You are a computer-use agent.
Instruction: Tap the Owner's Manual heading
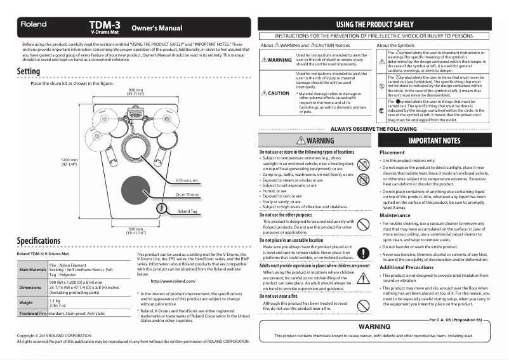(x=156, y=29)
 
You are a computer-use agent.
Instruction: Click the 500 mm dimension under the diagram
(x=136, y=230)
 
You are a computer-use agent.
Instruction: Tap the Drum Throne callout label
(x=187, y=194)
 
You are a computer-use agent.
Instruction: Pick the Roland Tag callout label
(x=187, y=211)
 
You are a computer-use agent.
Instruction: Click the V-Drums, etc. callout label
(x=188, y=180)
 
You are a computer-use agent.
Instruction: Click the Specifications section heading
(x=39, y=242)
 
